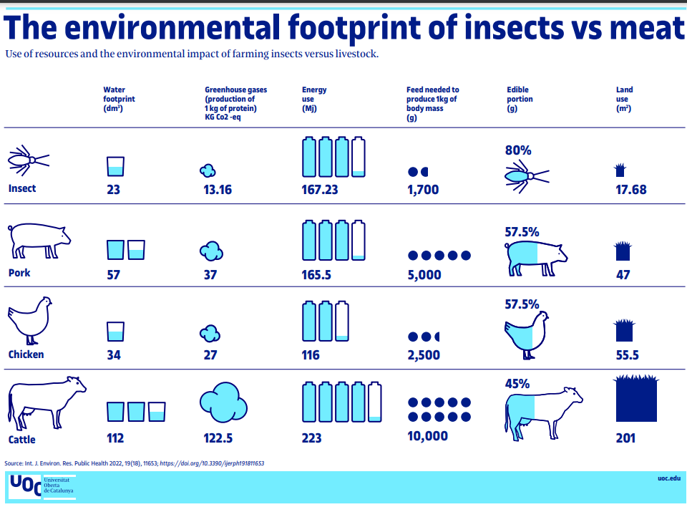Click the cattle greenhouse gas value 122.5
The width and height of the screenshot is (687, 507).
click(218, 438)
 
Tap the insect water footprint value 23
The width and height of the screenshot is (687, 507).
click(114, 190)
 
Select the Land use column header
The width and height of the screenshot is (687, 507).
click(624, 99)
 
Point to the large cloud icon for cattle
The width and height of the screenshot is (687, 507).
click(223, 402)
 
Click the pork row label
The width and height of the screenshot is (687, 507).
click(19, 273)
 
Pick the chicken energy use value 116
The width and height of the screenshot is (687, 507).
click(311, 354)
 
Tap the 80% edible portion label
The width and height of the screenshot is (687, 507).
click(518, 150)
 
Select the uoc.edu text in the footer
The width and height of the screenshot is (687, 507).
click(669, 478)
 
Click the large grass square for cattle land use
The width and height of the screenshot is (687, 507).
click(636, 398)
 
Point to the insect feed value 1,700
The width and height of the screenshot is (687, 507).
click(423, 190)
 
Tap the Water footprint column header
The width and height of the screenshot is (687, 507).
click(119, 99)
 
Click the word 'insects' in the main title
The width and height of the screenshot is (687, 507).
click(515, 28)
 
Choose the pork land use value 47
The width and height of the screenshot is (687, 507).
click(623, 274)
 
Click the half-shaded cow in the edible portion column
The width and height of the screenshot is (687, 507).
click(544, 413)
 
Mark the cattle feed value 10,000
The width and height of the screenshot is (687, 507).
click(428, 436)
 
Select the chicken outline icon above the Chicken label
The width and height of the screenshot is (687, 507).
click(30, 320)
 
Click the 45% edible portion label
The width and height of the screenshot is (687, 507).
click(517, 384)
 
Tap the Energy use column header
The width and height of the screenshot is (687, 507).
click(314, 99)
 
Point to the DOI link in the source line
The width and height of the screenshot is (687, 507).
click(212, 463)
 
